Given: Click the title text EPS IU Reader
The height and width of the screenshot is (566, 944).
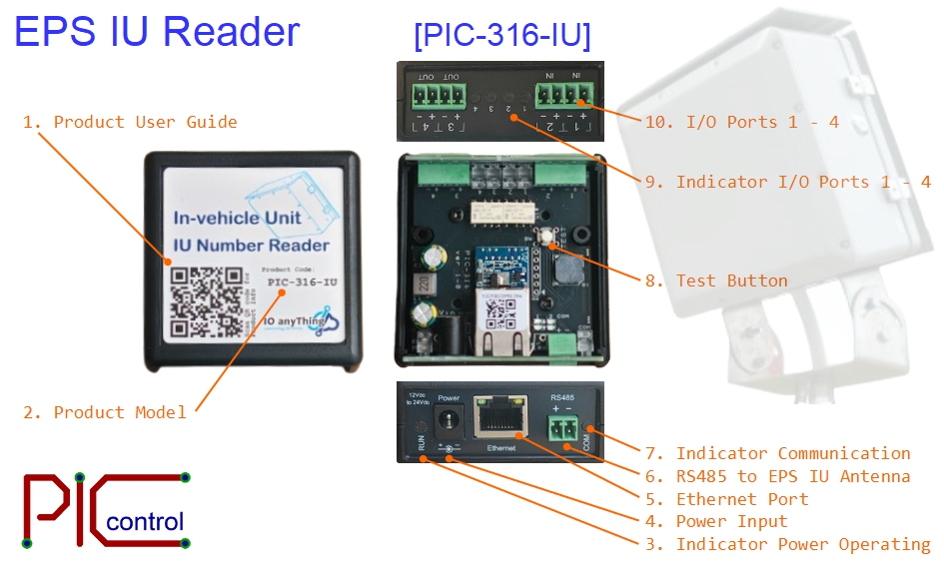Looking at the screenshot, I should pos(157,32).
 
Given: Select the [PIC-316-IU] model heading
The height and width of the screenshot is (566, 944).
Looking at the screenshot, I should pos(501,36).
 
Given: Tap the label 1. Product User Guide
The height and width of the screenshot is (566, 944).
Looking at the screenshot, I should pos(130,122).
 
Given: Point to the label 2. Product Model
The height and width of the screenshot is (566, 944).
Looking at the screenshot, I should pos(105,412).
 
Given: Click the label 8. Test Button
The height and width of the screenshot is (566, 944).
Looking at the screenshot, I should pos(716,281).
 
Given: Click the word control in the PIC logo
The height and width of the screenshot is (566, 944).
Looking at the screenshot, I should pos(145,522).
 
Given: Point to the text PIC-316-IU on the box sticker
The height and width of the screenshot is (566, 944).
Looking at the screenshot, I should pos(303,282).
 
